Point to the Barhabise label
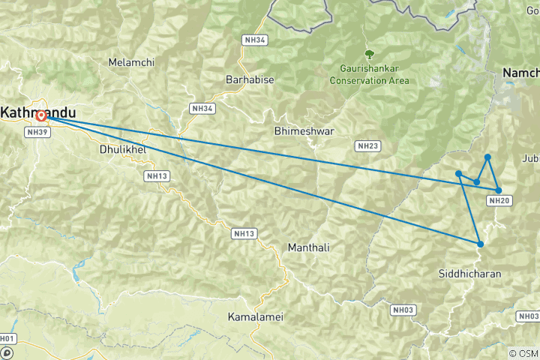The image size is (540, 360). [250, 79]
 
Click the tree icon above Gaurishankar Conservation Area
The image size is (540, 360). [369, 54]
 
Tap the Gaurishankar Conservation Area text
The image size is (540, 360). [370, 74]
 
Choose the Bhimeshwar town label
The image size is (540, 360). [304, 130]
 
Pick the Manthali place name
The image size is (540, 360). [308, 247]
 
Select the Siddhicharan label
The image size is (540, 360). [470, 274]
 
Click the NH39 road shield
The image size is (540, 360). [37, 132]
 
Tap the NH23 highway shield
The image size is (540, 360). [367, 145]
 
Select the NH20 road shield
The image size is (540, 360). [499, 200]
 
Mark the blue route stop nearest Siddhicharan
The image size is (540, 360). [480, 244]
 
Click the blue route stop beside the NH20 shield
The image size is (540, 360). [499, 190]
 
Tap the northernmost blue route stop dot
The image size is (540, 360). [487, 157]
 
